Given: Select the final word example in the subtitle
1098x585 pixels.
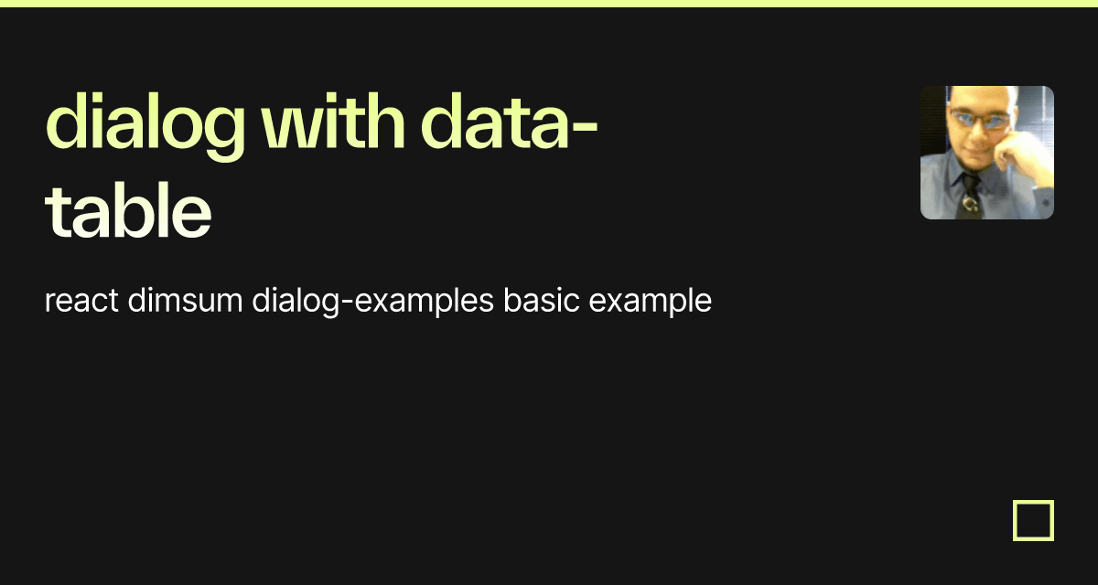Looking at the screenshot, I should (651, 301).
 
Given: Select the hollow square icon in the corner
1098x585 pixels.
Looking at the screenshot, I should (1033, 520).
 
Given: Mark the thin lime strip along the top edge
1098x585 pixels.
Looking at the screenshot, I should (549, 3).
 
